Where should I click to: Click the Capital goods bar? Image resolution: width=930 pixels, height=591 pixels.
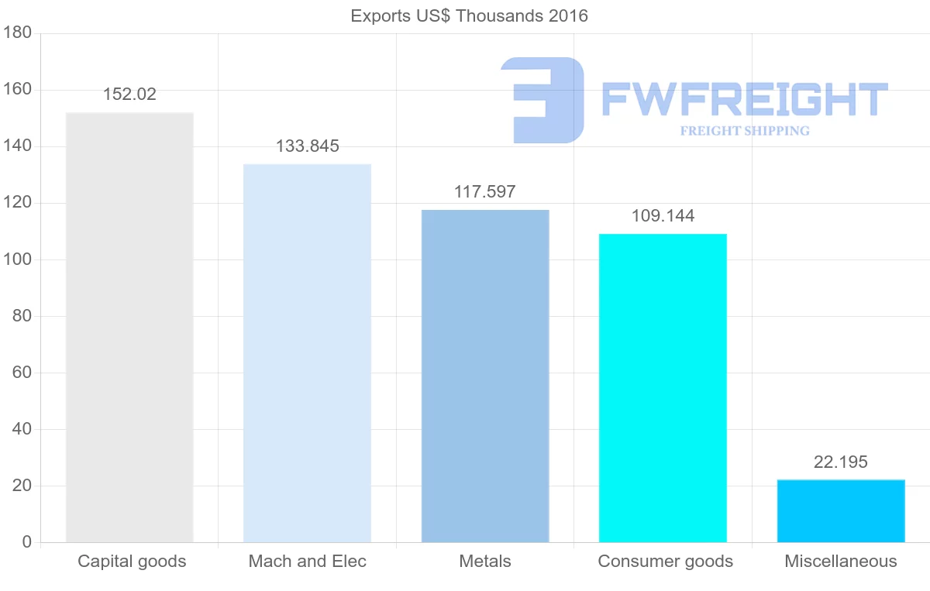[x=129, y=327]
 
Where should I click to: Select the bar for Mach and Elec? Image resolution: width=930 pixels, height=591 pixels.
[x=307, y=352]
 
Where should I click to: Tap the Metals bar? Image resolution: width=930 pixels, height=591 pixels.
[x=485, y=376]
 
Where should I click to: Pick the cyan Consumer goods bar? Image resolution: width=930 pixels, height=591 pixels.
[x=663, y=387]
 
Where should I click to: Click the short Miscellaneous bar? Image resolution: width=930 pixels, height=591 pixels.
[x=841, y=511]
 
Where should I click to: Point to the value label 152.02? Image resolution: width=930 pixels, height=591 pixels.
[x=129, y=94]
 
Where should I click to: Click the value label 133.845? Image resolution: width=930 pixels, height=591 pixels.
[x=307, y=146]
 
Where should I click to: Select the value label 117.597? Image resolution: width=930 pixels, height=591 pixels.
[x=485, y=192]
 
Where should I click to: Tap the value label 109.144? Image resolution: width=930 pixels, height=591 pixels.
[x=663, y=216]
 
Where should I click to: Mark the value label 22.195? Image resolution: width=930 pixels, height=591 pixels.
[x=841, y=462]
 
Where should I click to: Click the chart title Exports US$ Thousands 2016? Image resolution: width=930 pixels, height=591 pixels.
[x=470, y=15]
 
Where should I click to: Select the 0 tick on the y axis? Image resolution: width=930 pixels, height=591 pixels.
[x=26, y=542]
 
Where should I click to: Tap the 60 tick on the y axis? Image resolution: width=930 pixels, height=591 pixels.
[x=22, y=373]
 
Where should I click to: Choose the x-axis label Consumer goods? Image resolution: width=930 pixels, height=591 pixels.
[x=665, y=562]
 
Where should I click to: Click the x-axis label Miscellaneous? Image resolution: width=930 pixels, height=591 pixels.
[x=841, y=562]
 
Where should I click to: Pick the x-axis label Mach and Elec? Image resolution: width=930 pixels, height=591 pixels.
[x=307, y=562]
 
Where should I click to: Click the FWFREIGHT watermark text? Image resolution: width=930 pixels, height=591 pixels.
[x=744, y=100]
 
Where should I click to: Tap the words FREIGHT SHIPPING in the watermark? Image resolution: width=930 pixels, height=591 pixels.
[x=745, y=131]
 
